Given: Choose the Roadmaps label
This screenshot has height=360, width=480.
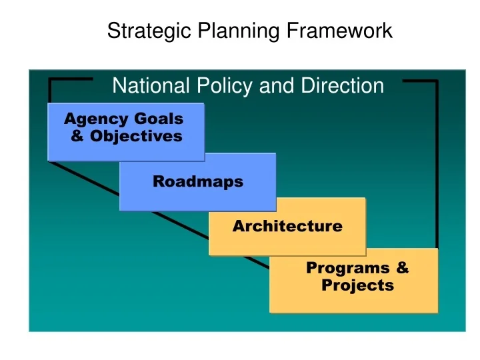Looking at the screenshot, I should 198,181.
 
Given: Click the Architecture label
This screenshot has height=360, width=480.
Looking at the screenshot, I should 287,226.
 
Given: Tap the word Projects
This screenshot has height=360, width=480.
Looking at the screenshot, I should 357,286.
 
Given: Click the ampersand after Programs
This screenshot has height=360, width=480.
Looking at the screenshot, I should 402,268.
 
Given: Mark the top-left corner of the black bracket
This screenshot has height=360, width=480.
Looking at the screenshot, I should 51,81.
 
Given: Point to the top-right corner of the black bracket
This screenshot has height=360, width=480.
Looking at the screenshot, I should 436,81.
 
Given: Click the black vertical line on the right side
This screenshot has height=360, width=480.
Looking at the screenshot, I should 436,167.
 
